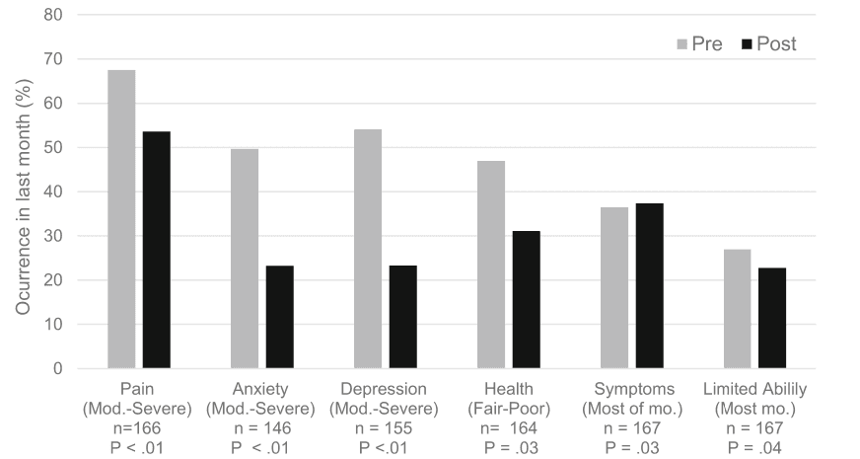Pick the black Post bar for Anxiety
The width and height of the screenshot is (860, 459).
(x=279, y=317)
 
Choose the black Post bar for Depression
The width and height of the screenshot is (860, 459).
(x=402, y=317)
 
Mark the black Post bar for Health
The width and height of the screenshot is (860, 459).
(x=526, y=299)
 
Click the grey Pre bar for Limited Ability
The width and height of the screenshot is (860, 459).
(x=737, y=309)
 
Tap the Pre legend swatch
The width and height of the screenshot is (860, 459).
(x=681, y=44)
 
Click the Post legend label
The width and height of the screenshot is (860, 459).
(x=776, y=44)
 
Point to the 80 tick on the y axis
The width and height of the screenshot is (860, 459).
(x=53, y=16)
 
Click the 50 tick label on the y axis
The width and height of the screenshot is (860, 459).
(x=53, y=148)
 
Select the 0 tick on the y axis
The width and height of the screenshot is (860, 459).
(x=58, y=369)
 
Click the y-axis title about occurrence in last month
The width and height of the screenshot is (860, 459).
(x=21, y=192)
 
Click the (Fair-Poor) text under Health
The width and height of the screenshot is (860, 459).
(x=508, y=407)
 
